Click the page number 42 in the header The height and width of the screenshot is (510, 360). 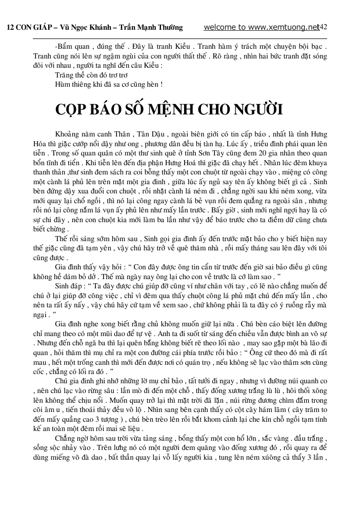(x=324, y=27)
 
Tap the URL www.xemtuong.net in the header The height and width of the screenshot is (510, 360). (x=285, y=27)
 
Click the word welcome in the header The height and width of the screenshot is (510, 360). (x=219, y=27)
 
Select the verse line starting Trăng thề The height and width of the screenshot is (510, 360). (x=91, y=75)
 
